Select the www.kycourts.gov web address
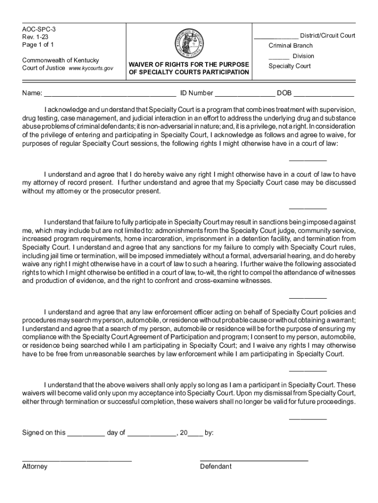click(91, 68)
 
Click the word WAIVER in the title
click(143, 64)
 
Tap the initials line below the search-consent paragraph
click(307, 370)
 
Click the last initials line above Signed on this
click(307, 419)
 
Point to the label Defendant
click(216, 467)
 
